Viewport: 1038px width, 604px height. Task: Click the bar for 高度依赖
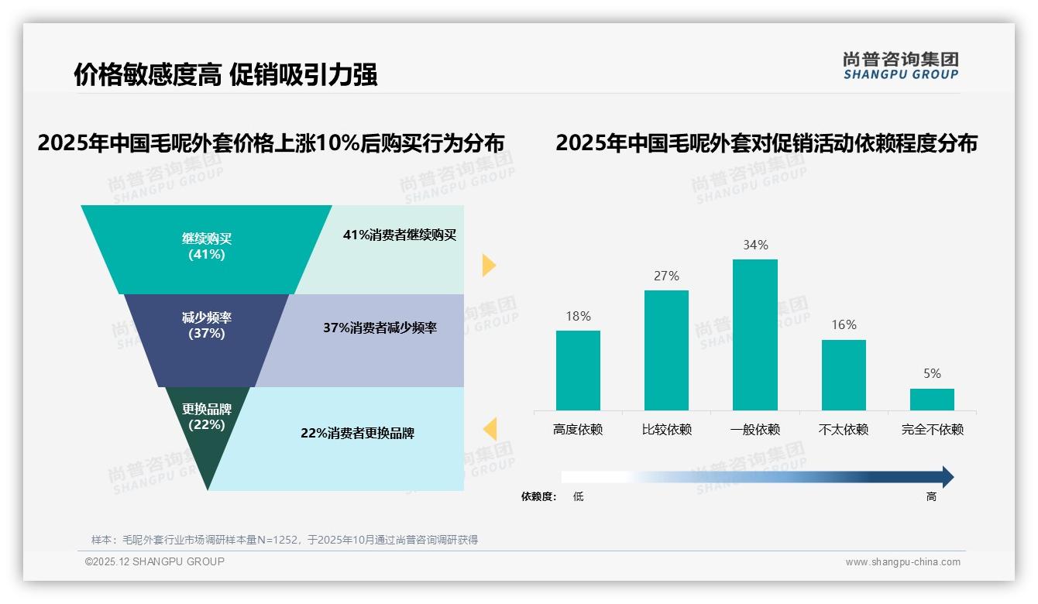(578, 370)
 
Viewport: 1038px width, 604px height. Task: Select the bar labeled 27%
(666, 350)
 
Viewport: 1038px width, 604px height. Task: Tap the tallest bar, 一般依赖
(755, 335)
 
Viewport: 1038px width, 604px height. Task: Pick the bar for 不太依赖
(844, 375)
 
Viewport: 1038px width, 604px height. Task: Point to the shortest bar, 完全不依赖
(932, 400)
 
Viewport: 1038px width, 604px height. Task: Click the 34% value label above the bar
(755, 245)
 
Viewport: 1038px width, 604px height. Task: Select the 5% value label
(932, 374)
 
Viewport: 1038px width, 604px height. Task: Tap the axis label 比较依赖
(666, 430)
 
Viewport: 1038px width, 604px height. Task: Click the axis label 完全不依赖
(932, 430)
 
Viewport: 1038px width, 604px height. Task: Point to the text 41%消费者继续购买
(400, 235)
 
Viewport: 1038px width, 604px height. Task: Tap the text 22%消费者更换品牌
(357, 434)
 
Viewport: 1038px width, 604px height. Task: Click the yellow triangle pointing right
(488, 265)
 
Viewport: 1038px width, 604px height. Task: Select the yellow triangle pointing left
(490, 428)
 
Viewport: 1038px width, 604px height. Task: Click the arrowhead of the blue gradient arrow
(947, 477)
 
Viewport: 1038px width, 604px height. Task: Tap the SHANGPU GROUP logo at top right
(900, 66)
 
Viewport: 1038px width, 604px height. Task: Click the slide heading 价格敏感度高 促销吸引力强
(225, 75)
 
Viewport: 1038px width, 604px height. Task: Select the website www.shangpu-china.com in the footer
(902, 562)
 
